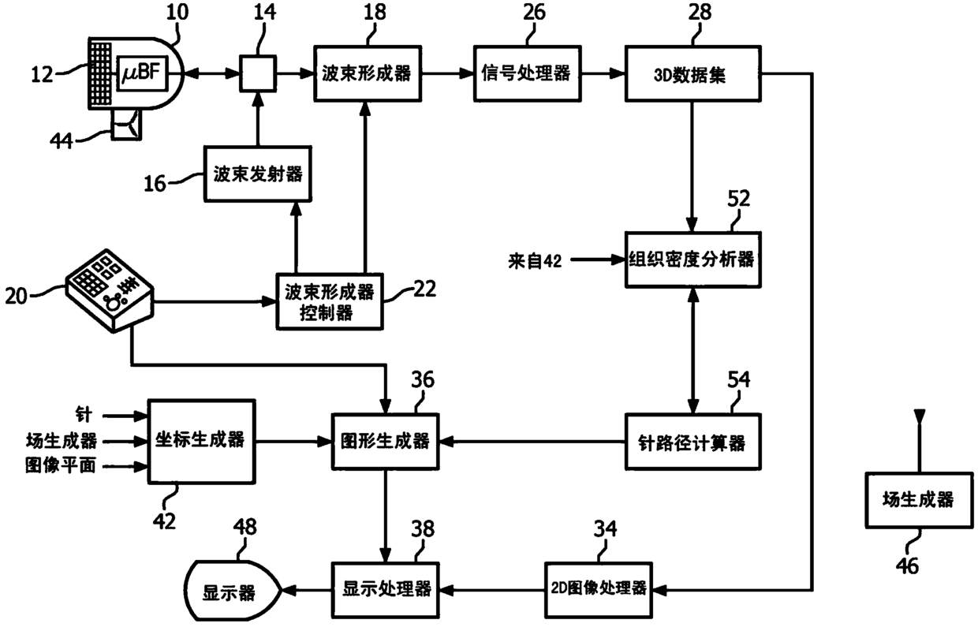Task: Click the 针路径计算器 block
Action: tap(692, 442)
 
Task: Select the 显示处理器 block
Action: tap(385, 589)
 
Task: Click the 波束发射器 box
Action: tap(255, 174)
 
